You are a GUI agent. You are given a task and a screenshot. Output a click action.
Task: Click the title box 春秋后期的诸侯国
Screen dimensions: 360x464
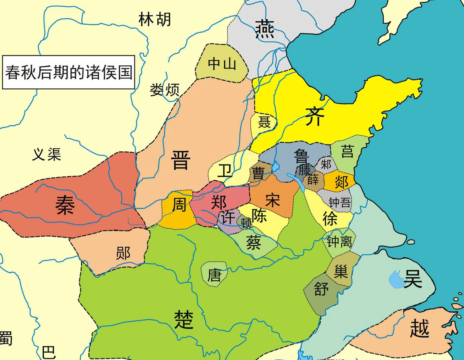tap(68, 73)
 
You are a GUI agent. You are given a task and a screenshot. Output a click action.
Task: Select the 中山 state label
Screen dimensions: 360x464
tap(222, 63)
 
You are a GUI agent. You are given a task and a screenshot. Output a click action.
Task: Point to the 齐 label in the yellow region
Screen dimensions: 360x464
tap(315, 116)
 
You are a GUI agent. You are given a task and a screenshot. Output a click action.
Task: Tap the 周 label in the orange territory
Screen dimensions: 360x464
tap(179, 205)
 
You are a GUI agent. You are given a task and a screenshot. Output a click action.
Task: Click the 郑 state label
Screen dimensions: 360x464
tap(219, 201)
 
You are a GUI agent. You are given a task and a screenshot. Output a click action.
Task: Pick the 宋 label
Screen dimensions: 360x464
tap(272, 200)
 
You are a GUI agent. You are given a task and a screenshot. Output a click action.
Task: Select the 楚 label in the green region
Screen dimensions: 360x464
tap(184, 319)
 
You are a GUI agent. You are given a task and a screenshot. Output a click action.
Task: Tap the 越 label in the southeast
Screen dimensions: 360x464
tap(419, 329)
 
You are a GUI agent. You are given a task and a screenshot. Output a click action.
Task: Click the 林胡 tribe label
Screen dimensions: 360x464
tap(155, 19)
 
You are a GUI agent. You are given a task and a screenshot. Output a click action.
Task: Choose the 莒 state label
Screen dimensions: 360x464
tap(347, 151)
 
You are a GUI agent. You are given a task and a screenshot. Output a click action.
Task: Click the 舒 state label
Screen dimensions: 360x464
tap(321, 290)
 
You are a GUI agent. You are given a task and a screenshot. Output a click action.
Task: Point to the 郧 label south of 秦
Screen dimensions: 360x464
tap(123, 253)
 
